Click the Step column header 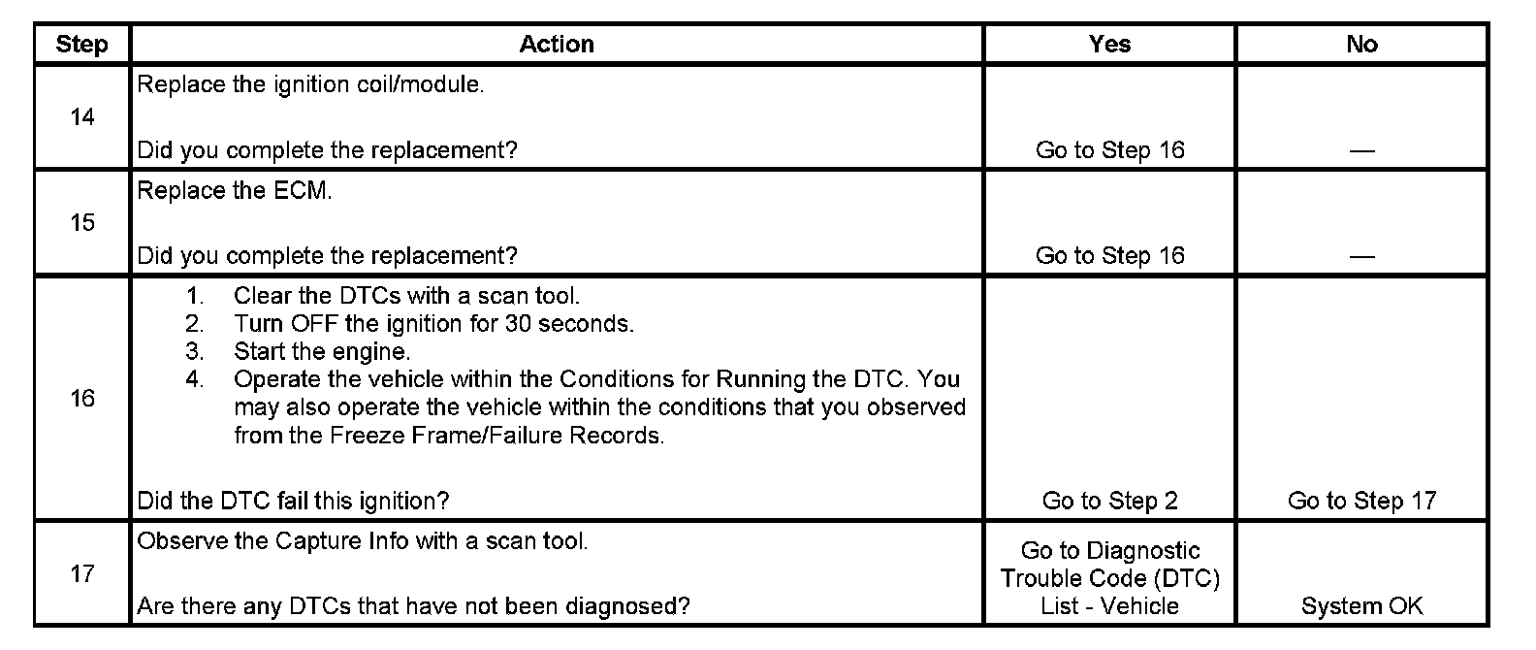tap(81, 45)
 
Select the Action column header tap(557, 45)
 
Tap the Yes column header tap(1109, 45)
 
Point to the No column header tap(1361, 45)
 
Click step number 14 tap(82, 117)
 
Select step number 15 tap(82, 223)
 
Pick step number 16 tap(82, 399)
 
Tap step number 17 tap(82, 574)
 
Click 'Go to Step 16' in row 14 tap(1109, 150)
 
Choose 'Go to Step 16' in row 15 tap(1109, 256)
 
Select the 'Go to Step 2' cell tap(1109, 502)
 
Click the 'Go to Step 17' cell tap(1361, 502)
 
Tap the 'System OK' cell tap(1361, 607)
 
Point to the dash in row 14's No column tap(1361, 151)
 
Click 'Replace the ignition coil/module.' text tap(310, 85)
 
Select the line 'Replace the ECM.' tap(235, 191)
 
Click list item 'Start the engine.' tap(322, 352)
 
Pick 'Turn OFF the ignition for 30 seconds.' tap(433, 324)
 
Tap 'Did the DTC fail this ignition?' tap(293, 502)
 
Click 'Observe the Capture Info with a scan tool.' tap(363, 541)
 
